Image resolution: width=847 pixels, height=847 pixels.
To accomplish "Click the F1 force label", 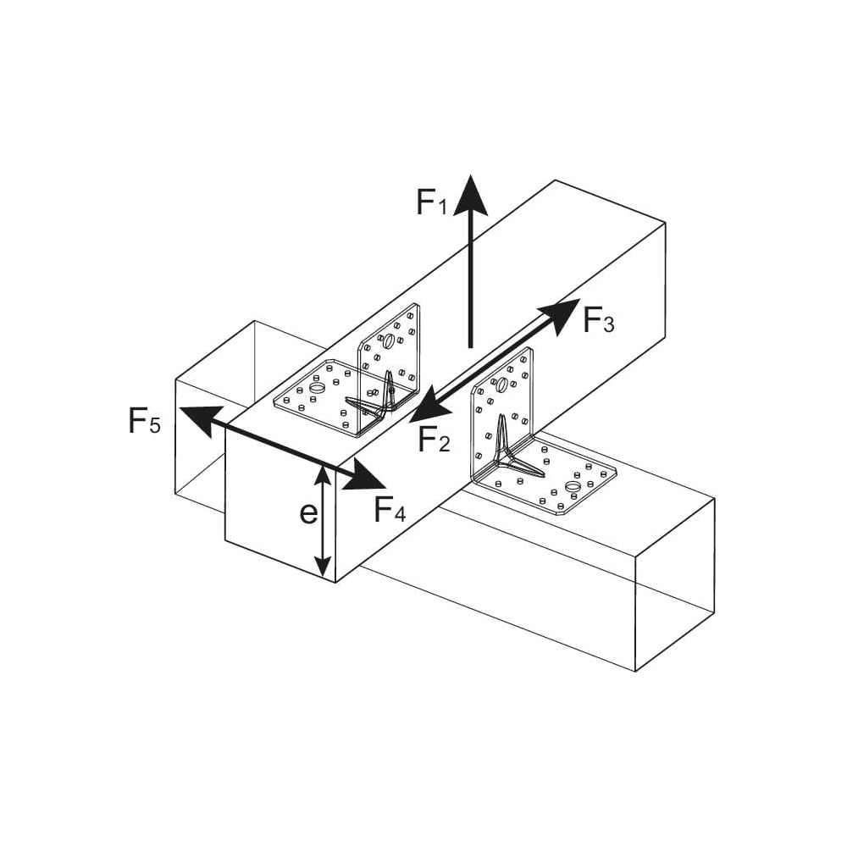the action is tap(432, 202).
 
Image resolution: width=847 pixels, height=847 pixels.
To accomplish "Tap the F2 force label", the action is tap(434, 438).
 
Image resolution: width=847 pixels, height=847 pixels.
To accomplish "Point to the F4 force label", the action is tap(390, 509).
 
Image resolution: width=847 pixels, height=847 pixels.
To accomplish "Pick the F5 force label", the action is tap(144, 420).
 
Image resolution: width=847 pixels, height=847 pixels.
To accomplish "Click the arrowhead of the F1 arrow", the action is tap(470, 195).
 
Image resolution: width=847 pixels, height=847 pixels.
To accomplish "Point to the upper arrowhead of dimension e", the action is tap(323, 476).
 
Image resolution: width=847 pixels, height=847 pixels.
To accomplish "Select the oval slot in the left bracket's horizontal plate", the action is tap(317, 388).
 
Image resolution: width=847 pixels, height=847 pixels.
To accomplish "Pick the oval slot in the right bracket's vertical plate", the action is tap(501, 385).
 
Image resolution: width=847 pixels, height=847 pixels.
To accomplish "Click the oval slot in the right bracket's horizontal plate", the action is tap(572, 487).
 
